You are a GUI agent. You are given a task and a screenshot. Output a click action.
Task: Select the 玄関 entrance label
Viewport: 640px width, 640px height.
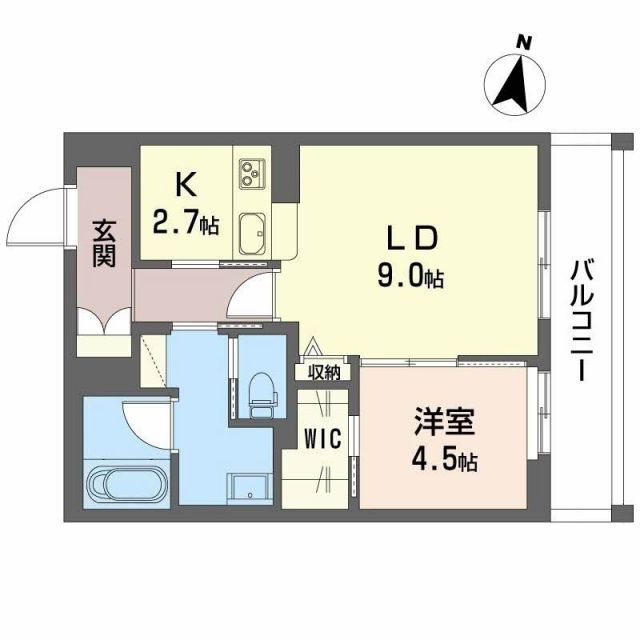[105, 243]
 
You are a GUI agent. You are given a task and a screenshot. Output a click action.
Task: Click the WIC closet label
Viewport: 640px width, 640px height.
[322, 438]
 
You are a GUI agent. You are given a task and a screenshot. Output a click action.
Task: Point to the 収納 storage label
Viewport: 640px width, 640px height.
[324, 373]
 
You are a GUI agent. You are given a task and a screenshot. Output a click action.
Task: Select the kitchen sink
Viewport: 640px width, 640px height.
[252, 234]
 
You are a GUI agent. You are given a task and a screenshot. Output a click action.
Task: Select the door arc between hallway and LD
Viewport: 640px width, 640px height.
[249, 300]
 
